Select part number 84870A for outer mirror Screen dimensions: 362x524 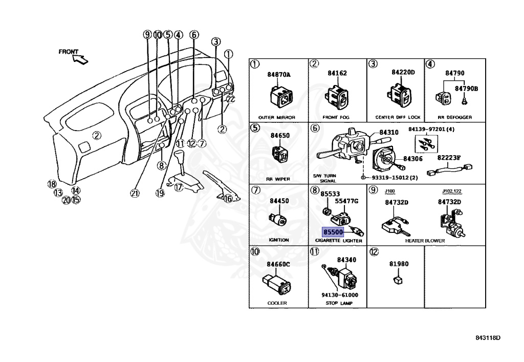pos(278,75)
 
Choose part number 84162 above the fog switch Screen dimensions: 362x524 pos(337,73)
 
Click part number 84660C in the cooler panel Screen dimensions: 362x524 pos(278,264)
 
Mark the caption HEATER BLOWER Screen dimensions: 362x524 pos(425,241)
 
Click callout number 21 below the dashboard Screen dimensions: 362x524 pos(135,193)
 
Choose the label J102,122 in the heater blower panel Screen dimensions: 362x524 pos(451,192)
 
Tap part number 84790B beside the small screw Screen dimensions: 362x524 pos(467,89)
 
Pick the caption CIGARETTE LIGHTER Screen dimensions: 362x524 pos(338,241)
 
